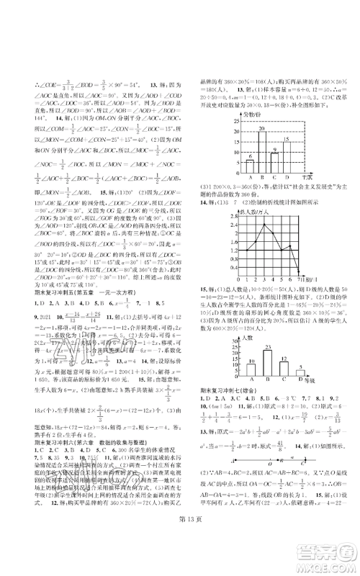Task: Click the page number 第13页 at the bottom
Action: coord(180,552)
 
